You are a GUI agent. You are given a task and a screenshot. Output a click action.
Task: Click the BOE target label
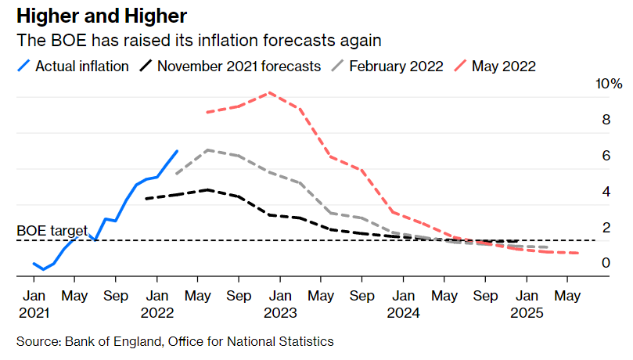coord(52,231)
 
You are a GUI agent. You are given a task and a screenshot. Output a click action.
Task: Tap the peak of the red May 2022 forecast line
coord(269,92)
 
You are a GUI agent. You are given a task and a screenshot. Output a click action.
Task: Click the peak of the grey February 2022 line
coord(208,149)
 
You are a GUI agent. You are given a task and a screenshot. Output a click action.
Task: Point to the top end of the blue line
coord(177,151)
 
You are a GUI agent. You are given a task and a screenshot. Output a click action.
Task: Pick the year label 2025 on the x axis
coord(526,312)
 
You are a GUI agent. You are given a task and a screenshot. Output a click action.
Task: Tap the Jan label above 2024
coord(403,297)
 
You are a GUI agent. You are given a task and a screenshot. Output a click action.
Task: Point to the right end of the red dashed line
coord(578,253)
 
